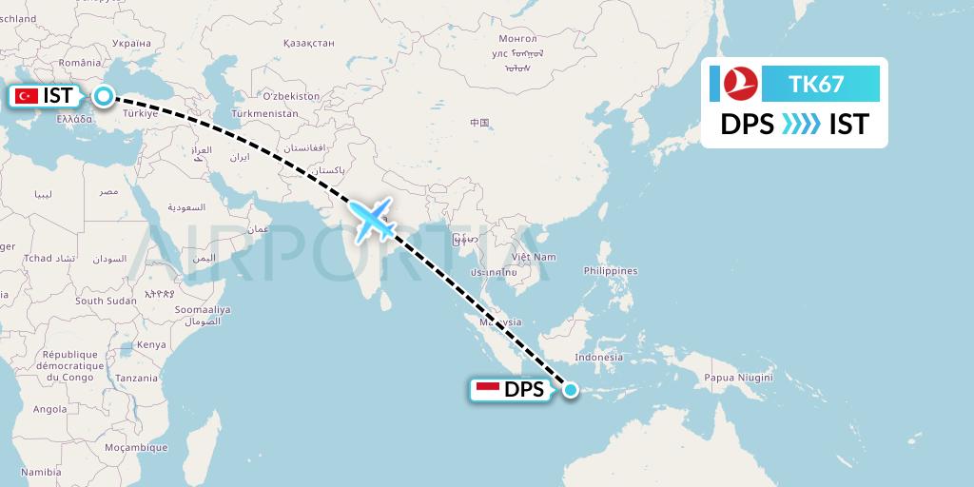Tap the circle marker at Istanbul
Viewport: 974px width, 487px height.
[x=102, y=95]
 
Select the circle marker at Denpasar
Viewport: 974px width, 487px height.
[x=570, y=389]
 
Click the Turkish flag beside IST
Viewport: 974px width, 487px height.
[x=27, y=96]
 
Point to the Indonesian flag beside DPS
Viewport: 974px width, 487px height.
[x=488, y=389]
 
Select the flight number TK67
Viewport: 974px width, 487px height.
[x=816, y=84]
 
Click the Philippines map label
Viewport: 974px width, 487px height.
[x=611, y=271]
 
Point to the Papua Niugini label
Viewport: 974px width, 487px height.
[x=737, y=378]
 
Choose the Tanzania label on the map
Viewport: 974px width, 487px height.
[x=138, y=378]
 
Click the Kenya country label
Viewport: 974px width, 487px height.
[x=151, y=344]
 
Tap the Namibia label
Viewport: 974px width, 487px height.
[x=41, y=472]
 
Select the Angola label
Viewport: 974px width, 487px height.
[x=49, y=410]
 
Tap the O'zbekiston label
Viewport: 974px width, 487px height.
[x=291, y=96]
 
